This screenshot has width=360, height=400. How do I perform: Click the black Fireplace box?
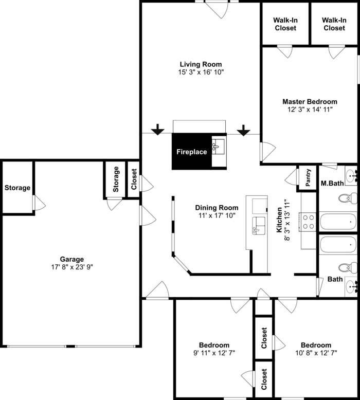point(191,152)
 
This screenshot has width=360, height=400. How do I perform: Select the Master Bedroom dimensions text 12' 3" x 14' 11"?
point(310,110)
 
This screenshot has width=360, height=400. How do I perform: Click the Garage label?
point(71,259)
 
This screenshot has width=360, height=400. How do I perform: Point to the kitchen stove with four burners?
point(309,222)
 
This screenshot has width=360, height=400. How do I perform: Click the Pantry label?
point(308,177)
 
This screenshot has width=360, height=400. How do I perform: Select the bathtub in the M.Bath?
point(338,222)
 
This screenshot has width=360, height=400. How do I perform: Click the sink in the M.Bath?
point(351,175)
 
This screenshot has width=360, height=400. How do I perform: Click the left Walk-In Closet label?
point(285,24)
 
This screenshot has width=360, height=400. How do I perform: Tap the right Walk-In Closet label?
point(334,24)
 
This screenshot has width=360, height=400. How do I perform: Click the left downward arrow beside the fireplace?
point(158,129)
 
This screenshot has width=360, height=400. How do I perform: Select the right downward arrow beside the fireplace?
point(243,130)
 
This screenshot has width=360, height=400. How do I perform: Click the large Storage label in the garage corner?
point(17,188)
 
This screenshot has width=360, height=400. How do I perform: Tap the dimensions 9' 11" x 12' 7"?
point(214,353)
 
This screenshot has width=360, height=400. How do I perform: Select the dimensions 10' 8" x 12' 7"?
point(316,353)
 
